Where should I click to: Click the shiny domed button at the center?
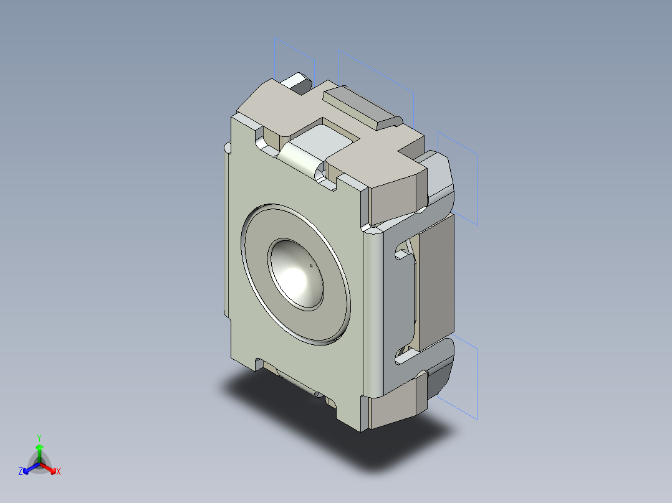(x=297, y=274)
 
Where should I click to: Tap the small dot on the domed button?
(x=311, y=266)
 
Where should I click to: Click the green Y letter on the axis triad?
(x=39, y=438)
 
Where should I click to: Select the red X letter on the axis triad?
(x=59, y=472)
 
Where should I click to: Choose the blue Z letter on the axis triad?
(x=21, y=472)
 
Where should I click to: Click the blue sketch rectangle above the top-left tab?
(x=295, y=56)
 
